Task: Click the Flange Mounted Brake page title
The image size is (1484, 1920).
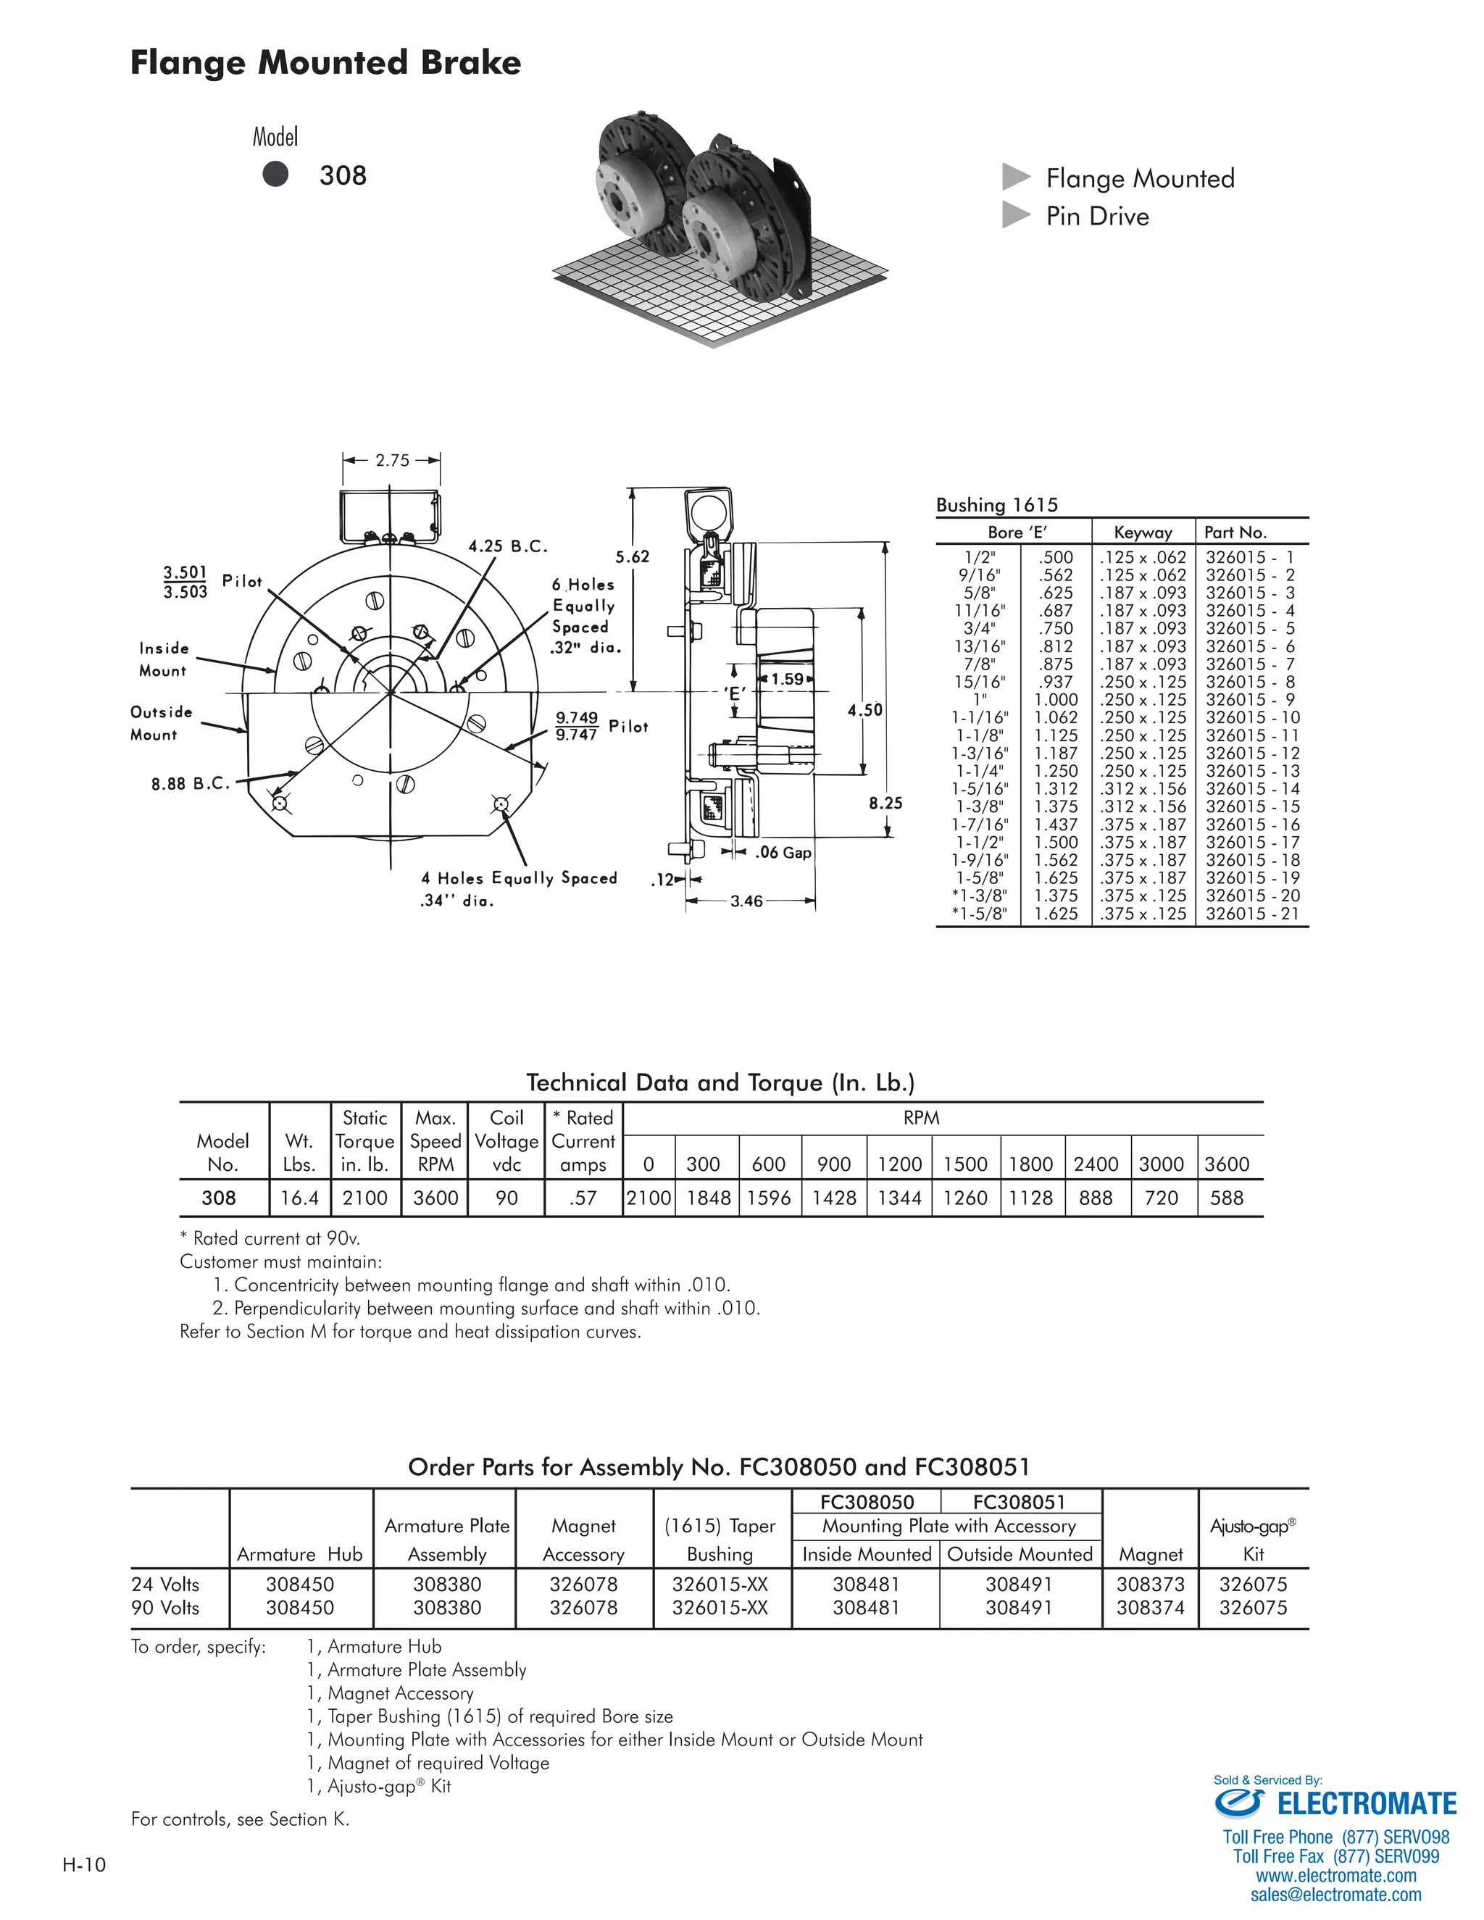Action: (x=325, y=63)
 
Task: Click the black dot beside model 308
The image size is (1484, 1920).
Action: (x=275, y=174)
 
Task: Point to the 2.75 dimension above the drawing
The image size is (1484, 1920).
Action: (x=392, y=460)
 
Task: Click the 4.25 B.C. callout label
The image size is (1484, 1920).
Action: (x=507, y=546)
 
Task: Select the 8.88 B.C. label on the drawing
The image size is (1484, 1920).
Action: (x=190, y=783)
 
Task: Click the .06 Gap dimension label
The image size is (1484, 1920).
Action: (x=783, y=852)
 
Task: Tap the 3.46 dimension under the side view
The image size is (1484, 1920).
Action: (x=746, y=901)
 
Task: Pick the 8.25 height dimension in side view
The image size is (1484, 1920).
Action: (x=885, y=803)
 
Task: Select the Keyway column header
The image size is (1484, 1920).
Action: (x=1142, y=532)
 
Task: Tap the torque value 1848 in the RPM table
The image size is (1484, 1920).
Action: (x=708, y=1198)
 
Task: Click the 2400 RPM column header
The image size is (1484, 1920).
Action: (x=1096, y=1164)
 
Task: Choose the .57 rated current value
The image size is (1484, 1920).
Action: (x=583, y=1198)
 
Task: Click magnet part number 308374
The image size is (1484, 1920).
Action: (x=1150, y=1607)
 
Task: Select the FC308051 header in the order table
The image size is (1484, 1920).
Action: (x=1018, y=1503)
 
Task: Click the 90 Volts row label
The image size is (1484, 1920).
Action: (x=165, y=1607)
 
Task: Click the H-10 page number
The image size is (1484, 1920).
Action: (x=84, y=1865)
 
